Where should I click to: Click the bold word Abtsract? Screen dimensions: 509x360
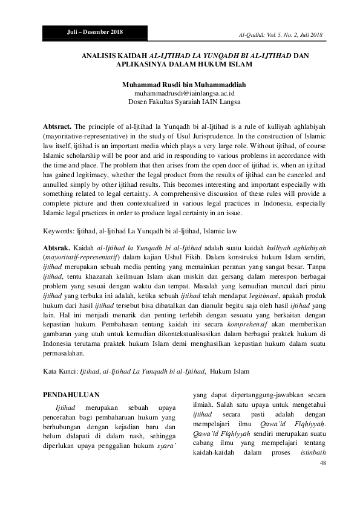click(x=57, y=126)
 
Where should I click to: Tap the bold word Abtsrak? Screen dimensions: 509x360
click(x=57, y=248)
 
